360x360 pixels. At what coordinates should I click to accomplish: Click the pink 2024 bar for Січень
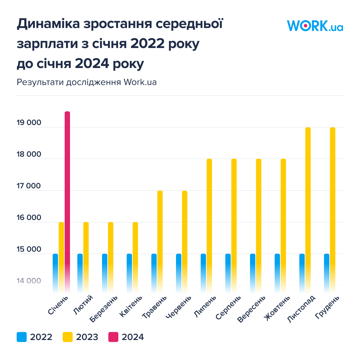tap(67, 200)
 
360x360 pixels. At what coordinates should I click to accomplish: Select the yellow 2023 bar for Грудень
tap(333, 207)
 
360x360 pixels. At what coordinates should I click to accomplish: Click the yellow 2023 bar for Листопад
tap(308, 207)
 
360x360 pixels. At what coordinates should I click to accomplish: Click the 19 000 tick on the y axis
tap(29, 123)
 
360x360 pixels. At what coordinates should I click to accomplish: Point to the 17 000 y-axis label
tap(29, 186)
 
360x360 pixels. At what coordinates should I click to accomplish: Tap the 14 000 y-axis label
tap(29, 281)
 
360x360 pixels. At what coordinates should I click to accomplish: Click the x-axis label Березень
tap(104, 309)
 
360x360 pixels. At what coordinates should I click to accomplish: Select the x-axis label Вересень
tap(252, 309)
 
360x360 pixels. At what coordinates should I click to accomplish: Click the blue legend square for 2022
tap(21, 337)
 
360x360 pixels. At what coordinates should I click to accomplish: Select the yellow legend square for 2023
tap(68, 337)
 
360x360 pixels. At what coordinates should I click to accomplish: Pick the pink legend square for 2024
tap(113, 337)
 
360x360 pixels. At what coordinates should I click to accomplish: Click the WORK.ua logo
tap(315, 26)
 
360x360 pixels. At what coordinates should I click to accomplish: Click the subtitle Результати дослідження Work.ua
tap(87, 82)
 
